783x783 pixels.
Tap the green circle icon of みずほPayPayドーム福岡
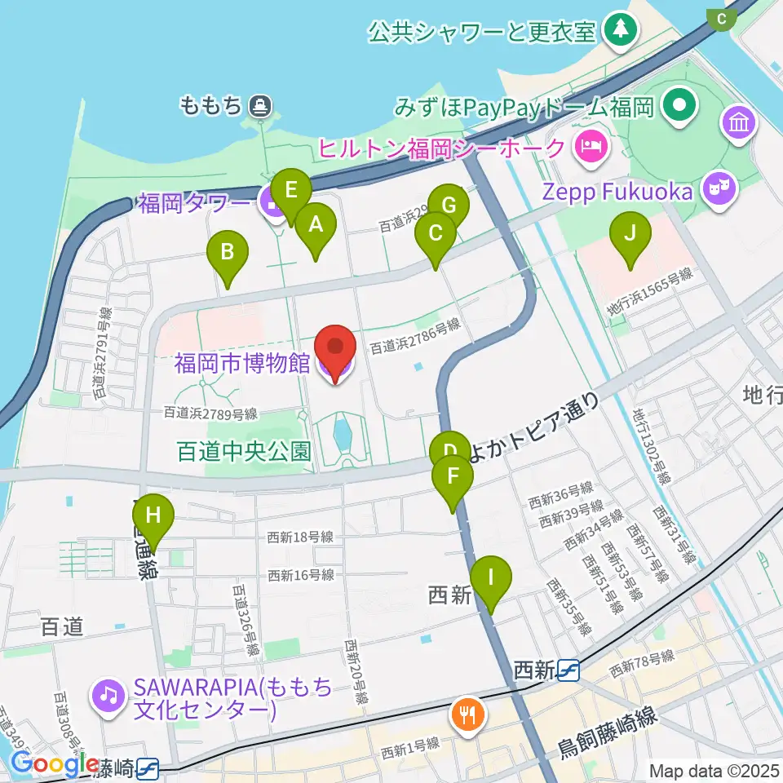(678, 105)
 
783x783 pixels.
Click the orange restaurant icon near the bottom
(467, 715)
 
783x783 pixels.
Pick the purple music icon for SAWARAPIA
(108, 696)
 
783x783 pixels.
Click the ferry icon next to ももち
(260, 104)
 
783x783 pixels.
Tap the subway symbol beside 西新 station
(569, 670)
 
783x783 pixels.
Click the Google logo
(55, 764)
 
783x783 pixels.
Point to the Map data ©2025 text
(713, 769)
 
